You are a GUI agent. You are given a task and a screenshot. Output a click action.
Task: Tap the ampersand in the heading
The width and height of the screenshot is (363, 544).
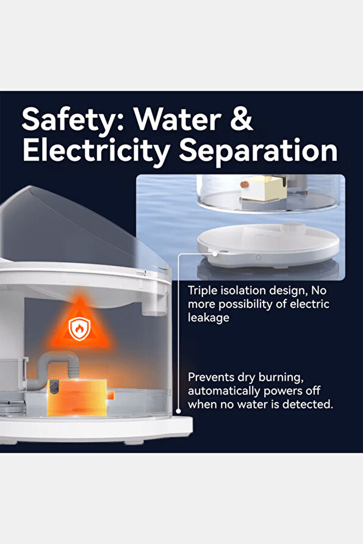pyautogui.click(x=241, y=119)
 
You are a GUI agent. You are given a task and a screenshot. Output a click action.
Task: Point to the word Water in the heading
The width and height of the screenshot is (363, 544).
pyautogui.click(x=178, y=119)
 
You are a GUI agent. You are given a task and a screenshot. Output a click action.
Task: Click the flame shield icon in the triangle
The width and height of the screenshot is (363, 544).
pyautogui.click(x=79, y=328)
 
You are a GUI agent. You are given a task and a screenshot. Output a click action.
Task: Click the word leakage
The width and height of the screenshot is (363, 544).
pyautogui.click(x=209, y=318)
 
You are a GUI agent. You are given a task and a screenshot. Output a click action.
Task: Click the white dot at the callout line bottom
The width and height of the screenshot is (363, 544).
pyautogui.click(x=178, y=411)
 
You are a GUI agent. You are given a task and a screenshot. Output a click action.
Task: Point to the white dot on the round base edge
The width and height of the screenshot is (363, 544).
pyautogui.click(x=215, y=254)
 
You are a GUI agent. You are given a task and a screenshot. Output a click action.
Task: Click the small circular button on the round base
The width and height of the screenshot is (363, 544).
pyautogui.click(x=258, y=257)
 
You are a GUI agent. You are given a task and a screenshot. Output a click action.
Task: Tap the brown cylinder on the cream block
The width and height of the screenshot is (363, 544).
pyautogui.click(x=245, y=184)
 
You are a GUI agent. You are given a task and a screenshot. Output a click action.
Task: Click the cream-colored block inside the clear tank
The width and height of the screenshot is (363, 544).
pyautogui.click(x=264, y=188)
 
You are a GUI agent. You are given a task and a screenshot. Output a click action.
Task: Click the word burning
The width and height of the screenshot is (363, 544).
pyautogui.click(x=281, y=378)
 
